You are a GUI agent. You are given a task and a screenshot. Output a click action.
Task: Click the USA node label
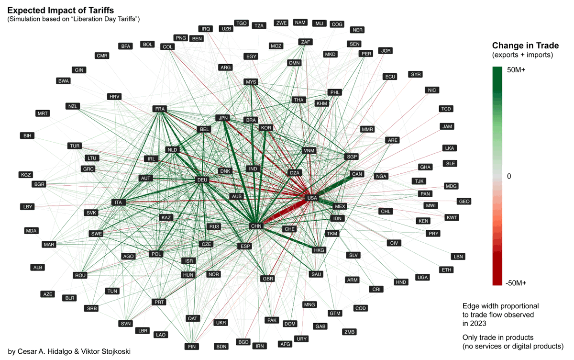[x=311, y=198]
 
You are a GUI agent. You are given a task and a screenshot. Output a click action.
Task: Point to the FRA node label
[x=160, y=109]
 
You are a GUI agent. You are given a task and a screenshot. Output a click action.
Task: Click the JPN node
[x=222, y=118]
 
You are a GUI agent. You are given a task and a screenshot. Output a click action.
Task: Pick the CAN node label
[x=357, y=174]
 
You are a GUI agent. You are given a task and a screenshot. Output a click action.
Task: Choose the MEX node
[x=340, y=206]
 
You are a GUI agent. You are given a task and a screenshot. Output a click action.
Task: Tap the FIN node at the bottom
[x=191, y=347]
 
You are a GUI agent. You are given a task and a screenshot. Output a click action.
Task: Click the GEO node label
[x=464, y=202]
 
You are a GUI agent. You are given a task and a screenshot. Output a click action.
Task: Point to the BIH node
[x=27, y=136]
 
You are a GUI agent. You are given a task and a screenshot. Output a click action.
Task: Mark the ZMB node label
[x=350, y=332]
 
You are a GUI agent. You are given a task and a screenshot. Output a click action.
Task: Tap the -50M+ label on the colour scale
[x=516, y=283]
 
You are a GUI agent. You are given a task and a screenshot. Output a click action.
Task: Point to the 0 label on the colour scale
[x=509, y=176]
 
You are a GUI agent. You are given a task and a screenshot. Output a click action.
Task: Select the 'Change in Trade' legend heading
[x=526, y=46]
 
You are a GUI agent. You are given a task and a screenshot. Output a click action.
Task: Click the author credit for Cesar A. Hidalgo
[x=69, y=351]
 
